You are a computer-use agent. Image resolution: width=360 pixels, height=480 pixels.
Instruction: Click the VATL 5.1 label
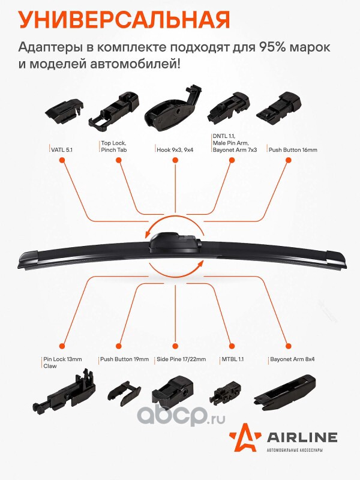tap(62, 149)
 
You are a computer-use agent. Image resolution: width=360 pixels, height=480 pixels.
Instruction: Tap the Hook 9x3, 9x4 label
tap(175, 149)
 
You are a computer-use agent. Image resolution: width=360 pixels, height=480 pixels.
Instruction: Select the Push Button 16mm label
tap(293, 149)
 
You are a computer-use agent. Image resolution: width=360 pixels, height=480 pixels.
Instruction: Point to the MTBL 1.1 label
tap(232, 359)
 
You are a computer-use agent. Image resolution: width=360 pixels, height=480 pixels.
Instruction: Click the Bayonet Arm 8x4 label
tap(292, 359)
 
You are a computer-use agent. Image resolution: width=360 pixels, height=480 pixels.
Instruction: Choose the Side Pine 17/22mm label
tap(181, 359)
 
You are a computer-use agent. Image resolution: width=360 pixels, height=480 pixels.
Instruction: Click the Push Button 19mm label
tap(125, 359)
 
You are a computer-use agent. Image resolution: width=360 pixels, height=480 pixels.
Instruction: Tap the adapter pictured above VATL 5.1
tap(65, 111)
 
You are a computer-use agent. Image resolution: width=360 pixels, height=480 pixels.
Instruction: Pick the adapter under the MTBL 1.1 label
tap(226, 392)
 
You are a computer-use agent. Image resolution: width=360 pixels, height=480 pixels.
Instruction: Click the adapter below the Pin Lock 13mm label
tap(64, 391)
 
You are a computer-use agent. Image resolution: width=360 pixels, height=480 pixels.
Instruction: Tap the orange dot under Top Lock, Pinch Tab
tap(118, 160)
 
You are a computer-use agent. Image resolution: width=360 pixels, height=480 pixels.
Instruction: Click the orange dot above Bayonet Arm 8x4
tap(288, 346)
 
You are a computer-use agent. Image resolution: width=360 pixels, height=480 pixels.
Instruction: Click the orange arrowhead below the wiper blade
tap(200, 265)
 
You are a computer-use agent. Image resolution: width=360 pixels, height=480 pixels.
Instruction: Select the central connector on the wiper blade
tap(175, 242)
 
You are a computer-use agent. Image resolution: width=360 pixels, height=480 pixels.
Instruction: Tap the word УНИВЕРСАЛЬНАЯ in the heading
tap(124, 20)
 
